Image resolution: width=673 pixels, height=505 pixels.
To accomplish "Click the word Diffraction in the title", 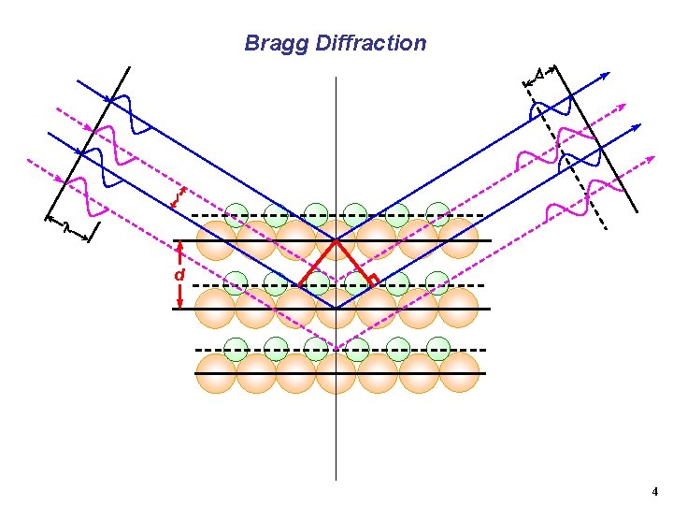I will (x=371, y=43).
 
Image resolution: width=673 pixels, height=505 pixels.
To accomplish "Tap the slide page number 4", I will (x=654, y=491).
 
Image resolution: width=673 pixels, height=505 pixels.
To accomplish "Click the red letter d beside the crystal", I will (x=179, y=275).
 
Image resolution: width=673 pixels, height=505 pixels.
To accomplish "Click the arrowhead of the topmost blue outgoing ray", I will (x=607, y=75).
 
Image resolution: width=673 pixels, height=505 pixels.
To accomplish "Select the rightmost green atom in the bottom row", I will (x=437, y=348).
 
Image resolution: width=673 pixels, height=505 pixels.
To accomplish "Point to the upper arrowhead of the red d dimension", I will (x=179, y=247).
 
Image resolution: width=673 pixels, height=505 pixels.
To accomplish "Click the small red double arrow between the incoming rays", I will (x=179, y=197).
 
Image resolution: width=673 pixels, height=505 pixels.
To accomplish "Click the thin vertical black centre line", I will (x=336, y=430).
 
